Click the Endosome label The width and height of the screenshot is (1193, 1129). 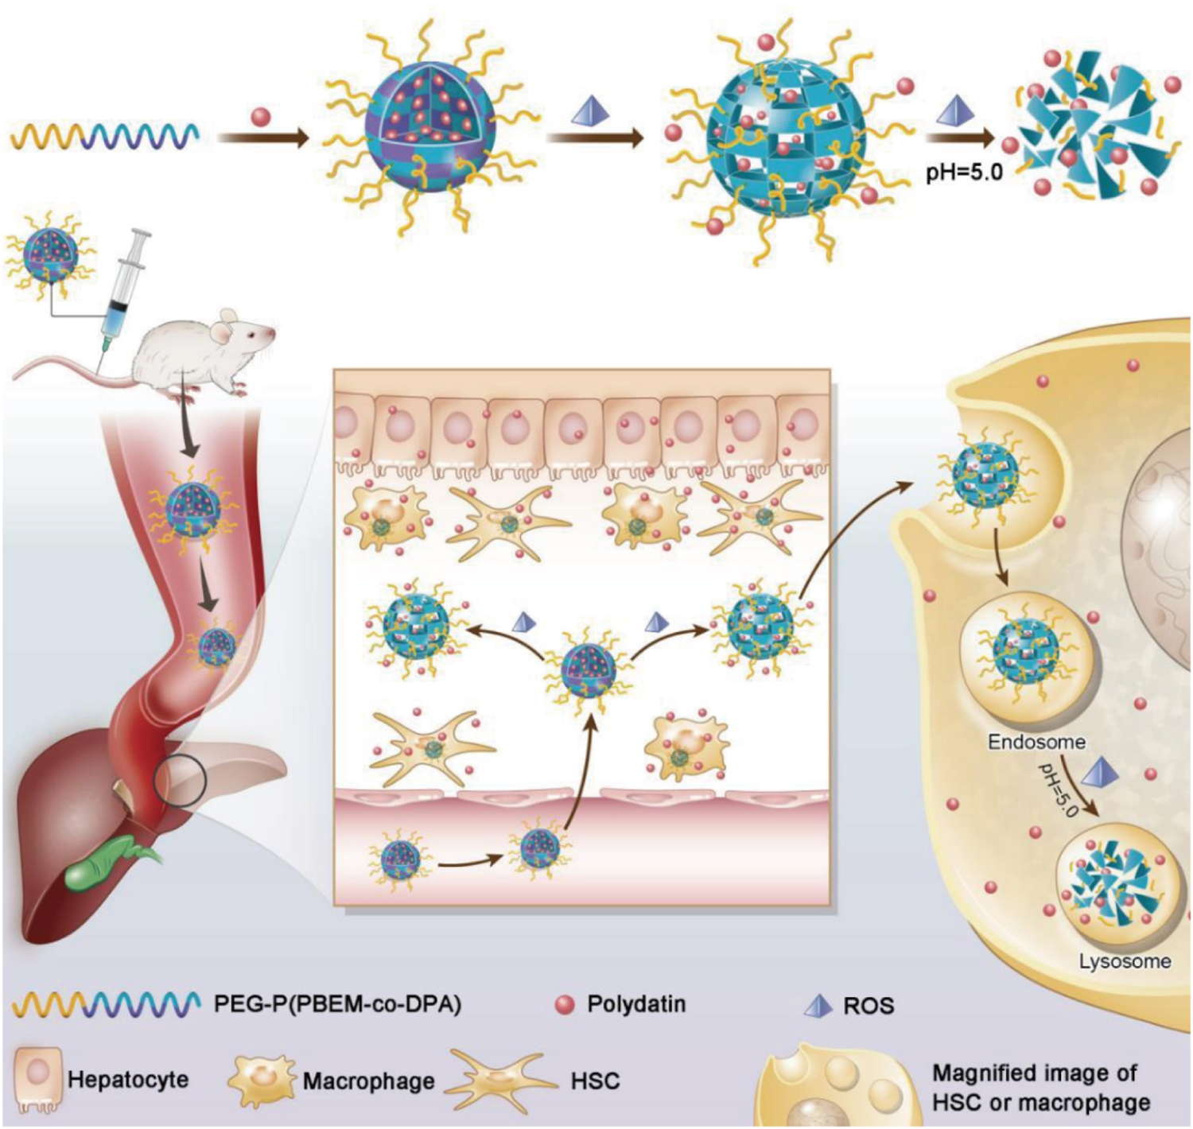pyautogui.click(x=1036, y=743)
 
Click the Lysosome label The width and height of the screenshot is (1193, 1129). pyautogui.click(x=1125, y=961)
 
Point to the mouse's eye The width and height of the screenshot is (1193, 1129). pyautogui.click(x=252, y=334)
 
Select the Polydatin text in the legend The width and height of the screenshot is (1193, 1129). pyautogui.click(x=635, y=1004)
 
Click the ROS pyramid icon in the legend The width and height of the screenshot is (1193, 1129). pyautogui.click(x=817, y=1006)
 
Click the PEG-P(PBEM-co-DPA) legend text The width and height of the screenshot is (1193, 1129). pyautogui.click(x=337, y=1004)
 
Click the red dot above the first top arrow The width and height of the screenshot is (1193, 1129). pyautogui.click(x=261, y=118)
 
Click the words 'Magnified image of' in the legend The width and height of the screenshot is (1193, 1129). pyautogui.click(x=1034, y=1073)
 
